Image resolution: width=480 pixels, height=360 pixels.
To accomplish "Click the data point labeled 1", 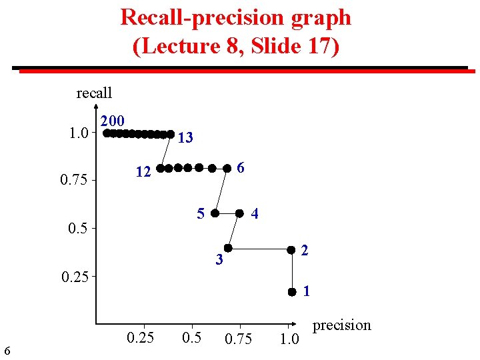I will (292, 292).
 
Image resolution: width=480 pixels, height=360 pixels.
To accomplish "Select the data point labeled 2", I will (291, 250).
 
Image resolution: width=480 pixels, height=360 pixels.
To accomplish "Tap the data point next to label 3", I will (227, 249).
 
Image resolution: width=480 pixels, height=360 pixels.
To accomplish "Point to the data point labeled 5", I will (215, 213).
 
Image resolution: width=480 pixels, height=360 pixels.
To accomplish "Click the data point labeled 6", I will (227, 167).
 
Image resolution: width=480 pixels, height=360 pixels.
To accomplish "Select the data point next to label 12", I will (160, 168).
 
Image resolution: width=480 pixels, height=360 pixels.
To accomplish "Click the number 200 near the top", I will (112, 121).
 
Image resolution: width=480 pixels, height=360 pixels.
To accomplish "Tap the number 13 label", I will (186, 138).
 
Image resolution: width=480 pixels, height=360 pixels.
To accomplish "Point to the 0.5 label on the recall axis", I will (79, 229).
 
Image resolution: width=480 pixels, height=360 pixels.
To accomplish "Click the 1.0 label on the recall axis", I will (79, 133).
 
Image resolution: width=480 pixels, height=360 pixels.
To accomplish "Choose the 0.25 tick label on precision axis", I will (141, 337).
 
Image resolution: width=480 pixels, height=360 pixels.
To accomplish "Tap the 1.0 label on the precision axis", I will (289, 339).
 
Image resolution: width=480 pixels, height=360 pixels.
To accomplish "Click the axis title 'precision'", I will (342, 325).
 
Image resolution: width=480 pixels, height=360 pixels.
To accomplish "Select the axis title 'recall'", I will (94, 93).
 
